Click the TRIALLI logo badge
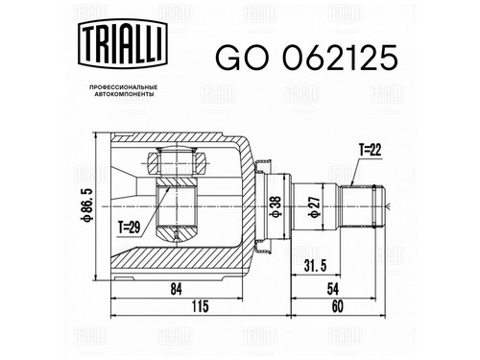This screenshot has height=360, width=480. click(123, 44)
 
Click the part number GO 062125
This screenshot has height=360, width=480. click(306, 58)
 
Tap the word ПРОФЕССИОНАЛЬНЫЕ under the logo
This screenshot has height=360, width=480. click(124, 87)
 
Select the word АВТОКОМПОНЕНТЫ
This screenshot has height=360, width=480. click(124, 94)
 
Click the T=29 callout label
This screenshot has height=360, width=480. click(130, 228)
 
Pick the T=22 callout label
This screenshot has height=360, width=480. click(370, 150)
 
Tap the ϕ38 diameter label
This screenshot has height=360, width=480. click(276, 206)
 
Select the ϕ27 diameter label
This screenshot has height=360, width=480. click(314, 206)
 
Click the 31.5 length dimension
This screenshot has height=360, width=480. click(316, 266)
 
